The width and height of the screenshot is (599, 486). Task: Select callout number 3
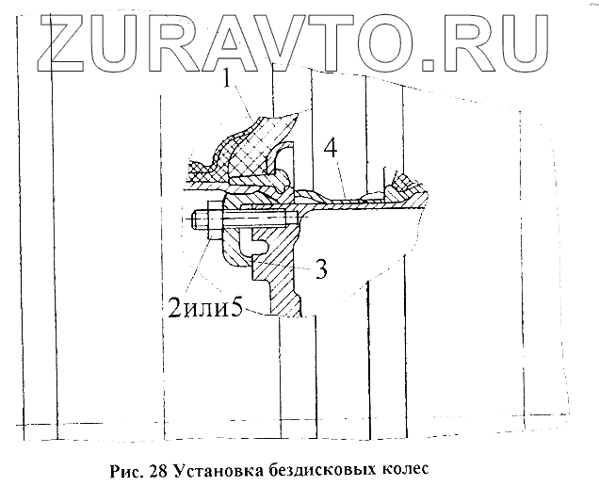coord(321,268)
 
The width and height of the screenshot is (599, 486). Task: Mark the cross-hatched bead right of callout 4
coord(406,182)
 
